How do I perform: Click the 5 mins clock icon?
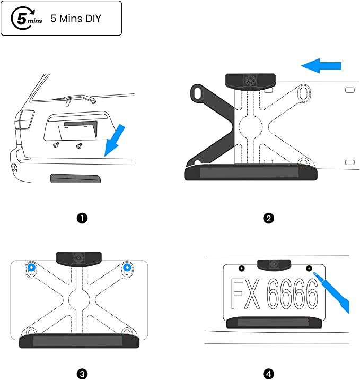click(26, 18)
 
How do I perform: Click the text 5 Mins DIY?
click(75, 19)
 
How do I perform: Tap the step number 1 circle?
click(82, 218)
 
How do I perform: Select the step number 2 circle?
click(268, 218)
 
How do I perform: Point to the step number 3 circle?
click(82, 374)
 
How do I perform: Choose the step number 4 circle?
click(268, 374)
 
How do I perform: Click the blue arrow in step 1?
click(115, 140)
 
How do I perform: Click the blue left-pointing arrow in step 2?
click(321, 66)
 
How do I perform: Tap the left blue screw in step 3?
click(31, 267)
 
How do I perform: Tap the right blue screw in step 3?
click(127, 267)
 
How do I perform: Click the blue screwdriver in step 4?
click(331, 292)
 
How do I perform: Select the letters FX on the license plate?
click(245, 293)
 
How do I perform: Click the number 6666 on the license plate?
click(293, 293)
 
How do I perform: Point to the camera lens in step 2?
click(250, 80)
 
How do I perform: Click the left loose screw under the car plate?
click(56, 145)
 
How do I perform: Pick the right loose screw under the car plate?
click(79, 145)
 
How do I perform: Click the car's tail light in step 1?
click(25, 120)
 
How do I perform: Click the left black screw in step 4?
click(242, 268)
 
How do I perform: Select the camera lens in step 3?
click(78, 257)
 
